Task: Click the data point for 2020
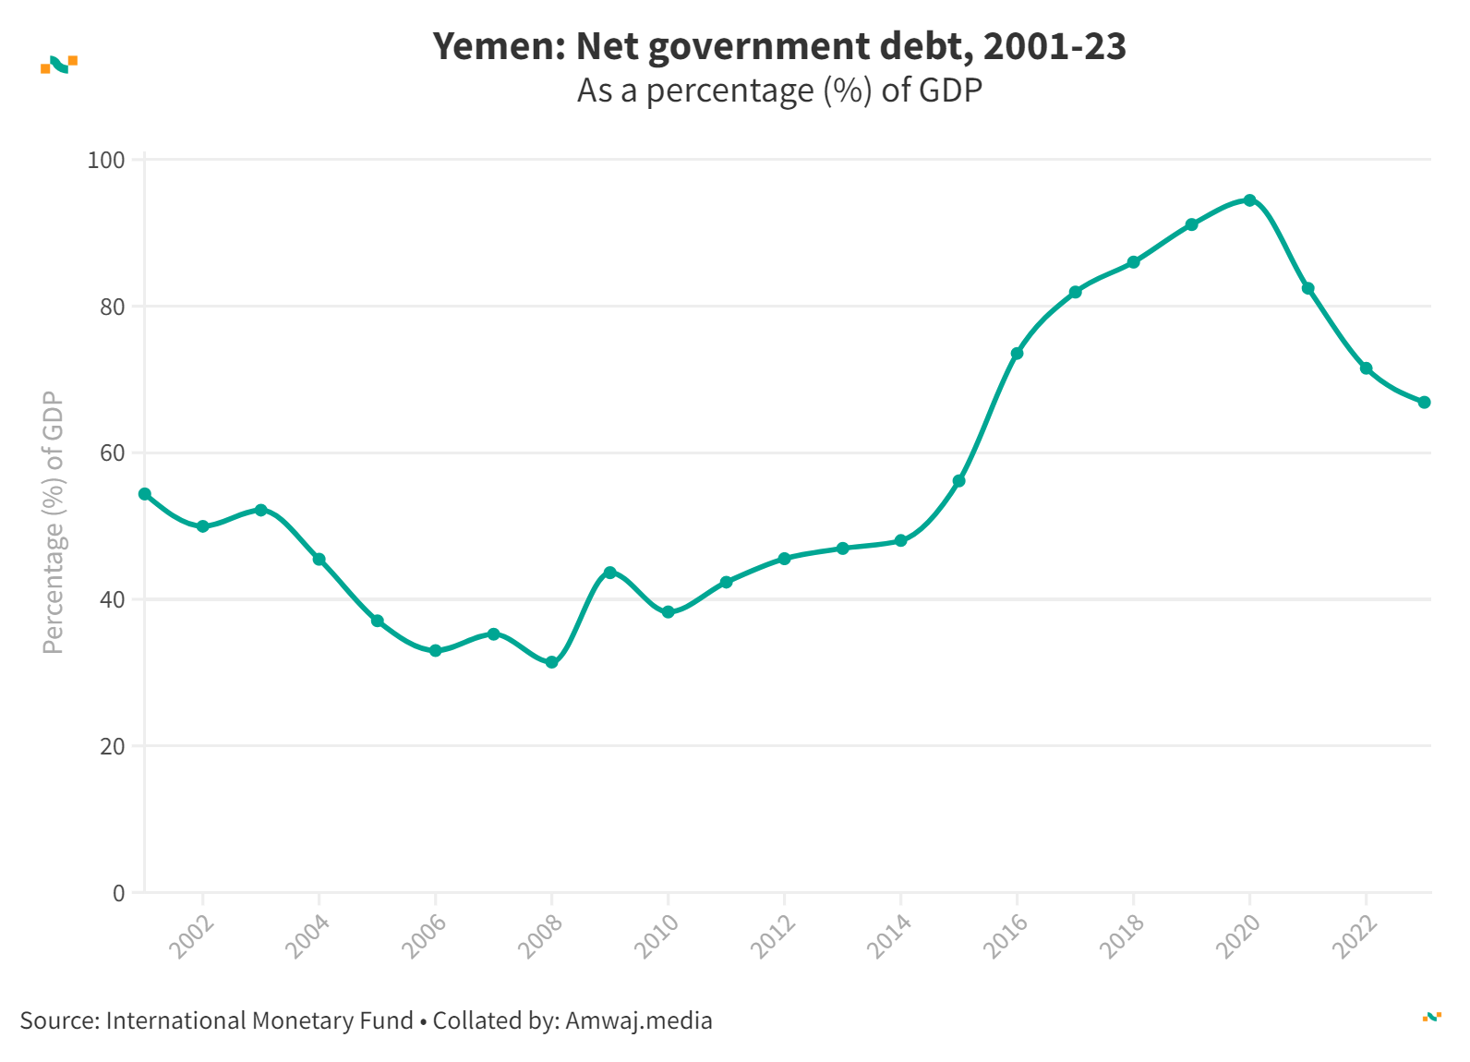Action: click(1249, 200)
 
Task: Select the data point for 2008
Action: click(551, 662)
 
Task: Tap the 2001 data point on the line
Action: click(145, 494)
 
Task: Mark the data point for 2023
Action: click(1424, 402)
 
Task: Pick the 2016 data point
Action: click(1017, 353)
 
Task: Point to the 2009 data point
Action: click(609, 573)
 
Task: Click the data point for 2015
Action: click(958, 481)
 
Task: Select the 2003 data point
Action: click(260, 510)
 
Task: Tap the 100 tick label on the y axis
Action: click(105, 160)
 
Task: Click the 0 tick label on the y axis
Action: click(118, 893)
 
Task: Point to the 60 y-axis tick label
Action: click(112, 453)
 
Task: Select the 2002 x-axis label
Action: click(192, 936)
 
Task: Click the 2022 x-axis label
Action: click(1356, 936)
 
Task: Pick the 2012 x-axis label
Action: click(774, 936)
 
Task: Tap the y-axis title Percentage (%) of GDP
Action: click(54, 523)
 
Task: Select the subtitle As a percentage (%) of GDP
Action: click(779, 91)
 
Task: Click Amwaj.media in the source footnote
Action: click(638, 1020)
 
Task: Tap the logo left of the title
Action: click(59, 65)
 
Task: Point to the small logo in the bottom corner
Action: click(1431, 1017)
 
